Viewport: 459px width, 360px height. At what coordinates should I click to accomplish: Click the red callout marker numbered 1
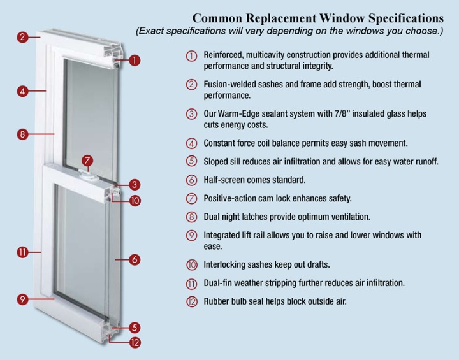click(x=135, y=61)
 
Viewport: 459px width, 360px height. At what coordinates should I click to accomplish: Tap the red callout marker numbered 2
click(x=22, y=37)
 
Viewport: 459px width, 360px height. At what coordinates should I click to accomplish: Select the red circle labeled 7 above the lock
click(x=88, y=161)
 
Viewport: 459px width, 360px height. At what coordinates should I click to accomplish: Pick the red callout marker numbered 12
click(x=135, y=343)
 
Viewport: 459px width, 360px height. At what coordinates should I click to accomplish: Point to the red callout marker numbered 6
click(x=135, y=259)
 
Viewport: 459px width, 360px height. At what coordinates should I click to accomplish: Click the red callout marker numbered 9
click(x=22, y=299)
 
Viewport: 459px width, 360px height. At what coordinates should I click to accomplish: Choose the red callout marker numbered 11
click(x=22, y=252)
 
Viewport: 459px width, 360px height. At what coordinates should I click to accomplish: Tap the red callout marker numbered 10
click(x=135, y=200)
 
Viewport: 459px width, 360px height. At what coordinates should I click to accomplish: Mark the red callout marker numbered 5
click(x=135, y=328)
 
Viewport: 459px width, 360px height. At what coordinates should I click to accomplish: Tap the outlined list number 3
click(x=191, y=114)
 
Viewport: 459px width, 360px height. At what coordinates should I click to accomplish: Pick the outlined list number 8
click(x=191, y=217)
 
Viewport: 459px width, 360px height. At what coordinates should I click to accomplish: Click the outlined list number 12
click(x=191, y=301)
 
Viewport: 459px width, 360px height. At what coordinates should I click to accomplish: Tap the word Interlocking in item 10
click(x=226, y=264)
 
